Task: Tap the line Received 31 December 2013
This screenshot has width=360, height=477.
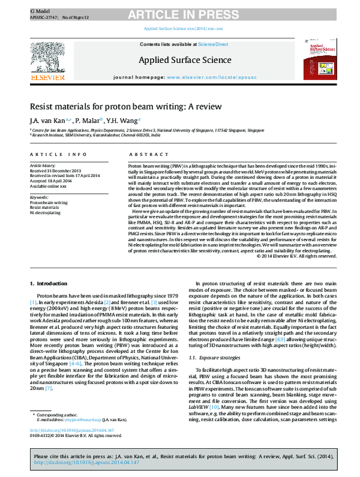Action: point(55,169)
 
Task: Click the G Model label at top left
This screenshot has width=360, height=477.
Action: point(38,11)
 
